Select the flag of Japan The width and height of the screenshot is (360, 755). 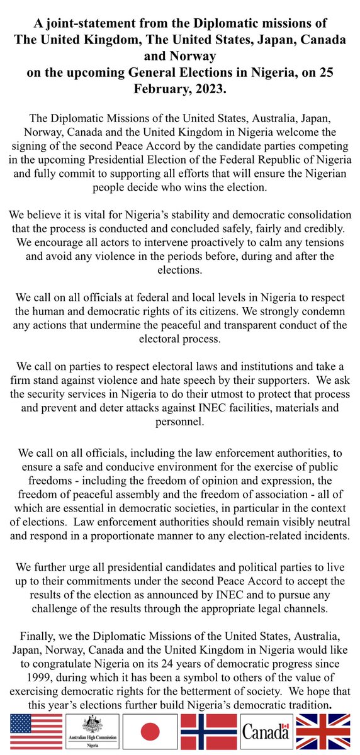click(150, 734)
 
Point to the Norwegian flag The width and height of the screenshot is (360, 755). click(209, 734)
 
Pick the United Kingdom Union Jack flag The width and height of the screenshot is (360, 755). click(325, 734)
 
